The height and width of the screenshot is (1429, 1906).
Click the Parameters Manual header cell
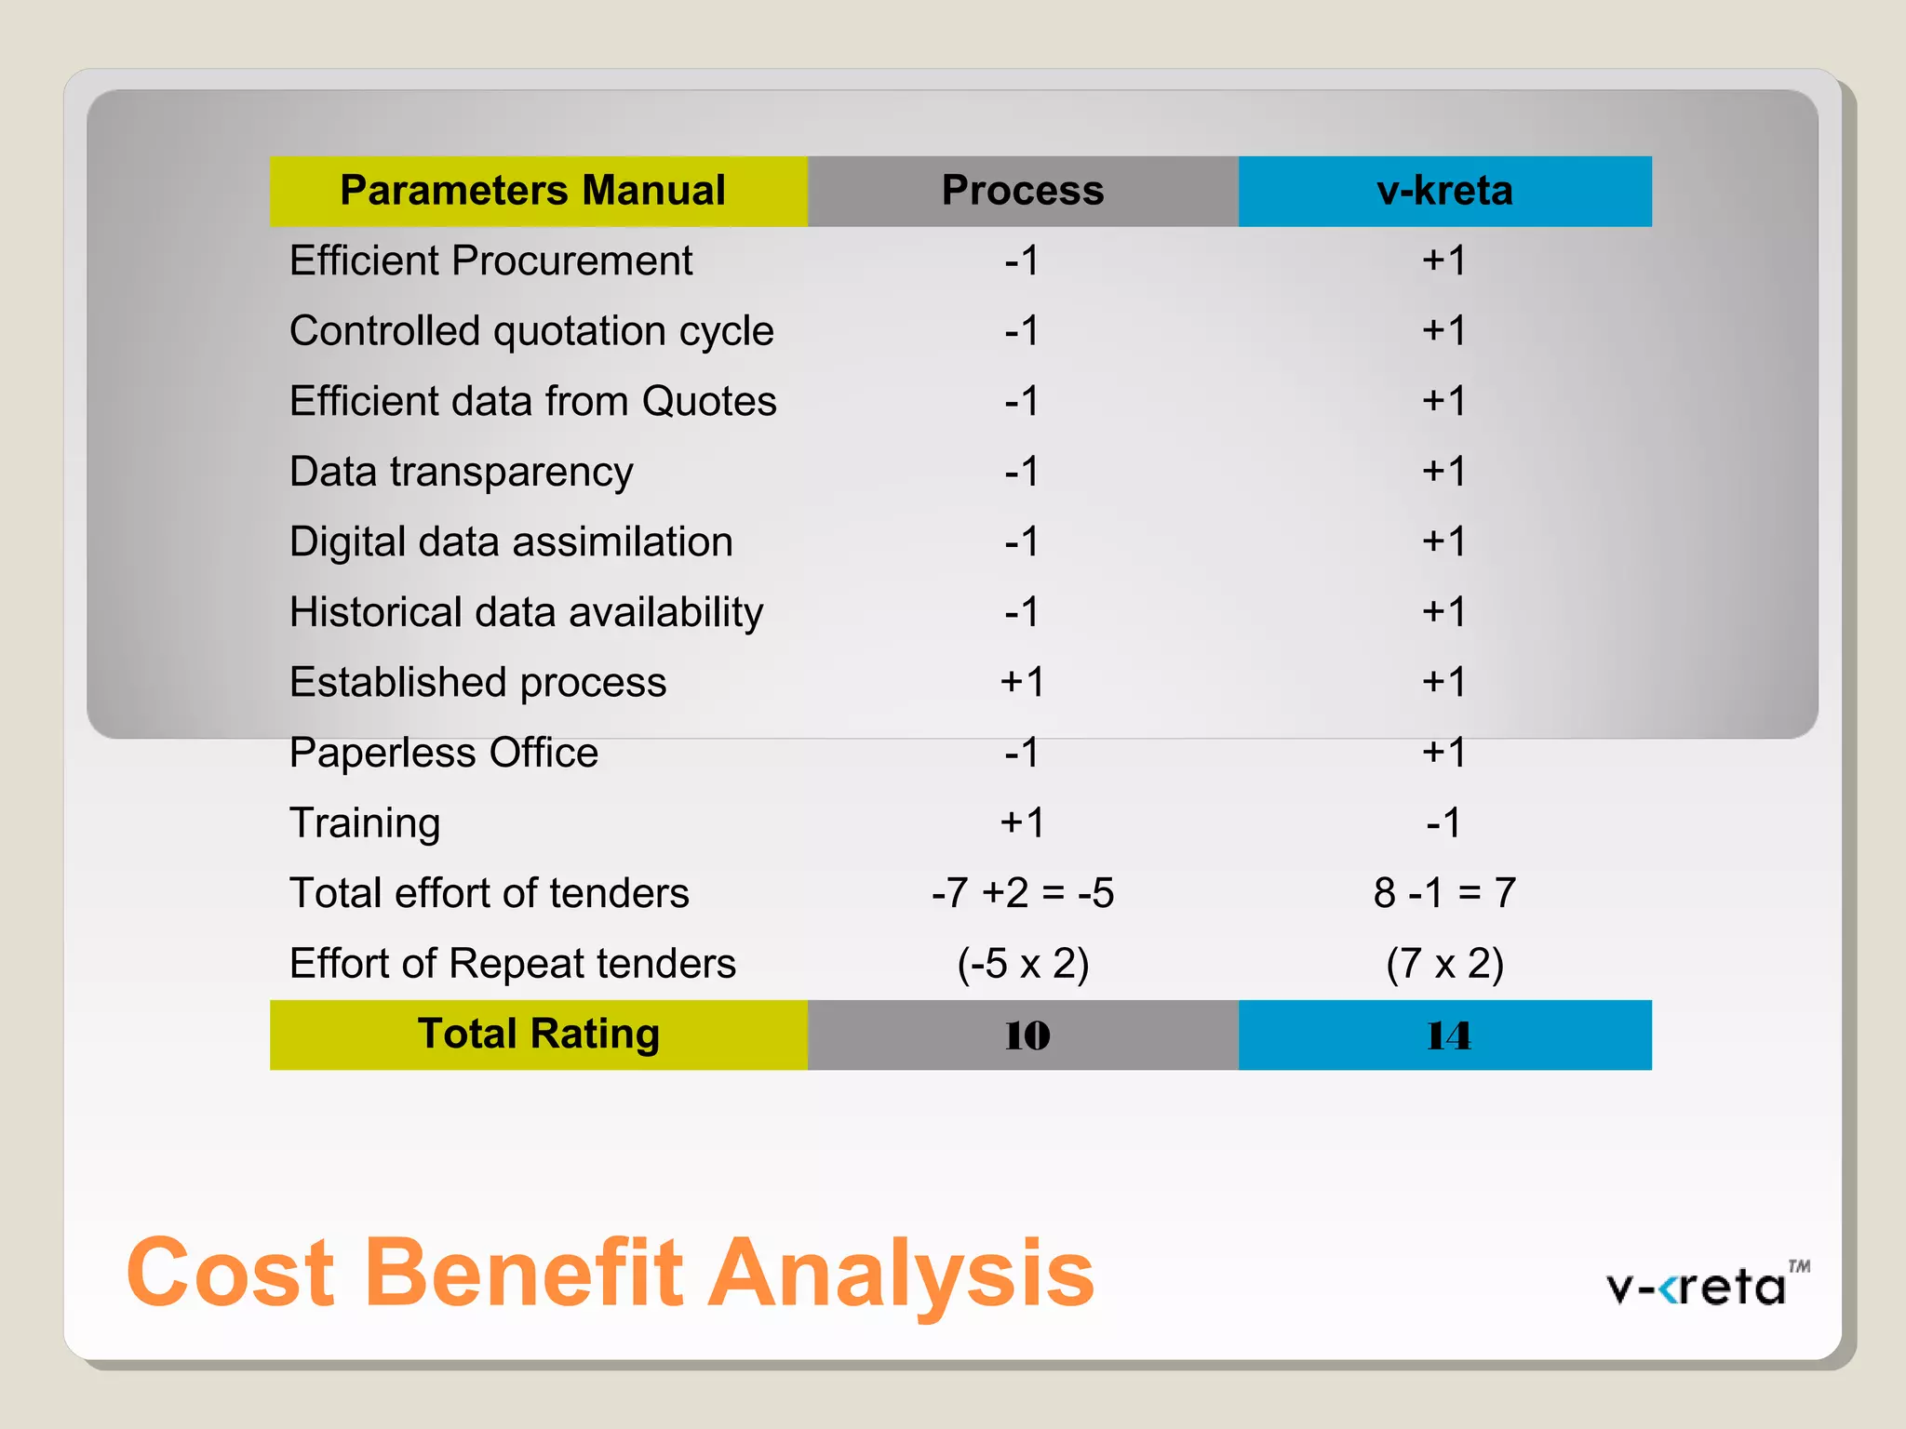click(538, 191)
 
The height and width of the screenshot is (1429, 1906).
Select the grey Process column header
click(1022, 191)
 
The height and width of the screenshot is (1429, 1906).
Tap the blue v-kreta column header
click(1444, 191)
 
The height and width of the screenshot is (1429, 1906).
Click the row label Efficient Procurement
click(490, 260)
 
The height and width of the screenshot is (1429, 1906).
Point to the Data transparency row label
click(461, 472)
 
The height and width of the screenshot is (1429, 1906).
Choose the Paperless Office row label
click(443, 753)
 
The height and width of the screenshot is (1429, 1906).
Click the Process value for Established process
click(1022, 682)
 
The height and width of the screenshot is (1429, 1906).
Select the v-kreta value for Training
click(1444, 822)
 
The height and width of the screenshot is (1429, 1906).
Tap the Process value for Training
click(1022, 822)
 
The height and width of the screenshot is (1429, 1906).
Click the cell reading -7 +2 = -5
click(1022, 893)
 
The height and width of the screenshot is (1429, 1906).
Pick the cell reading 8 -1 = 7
click(1444, 893)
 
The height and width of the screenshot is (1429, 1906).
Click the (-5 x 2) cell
click(1022, 964)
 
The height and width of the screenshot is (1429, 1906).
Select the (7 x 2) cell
click(1444, 964)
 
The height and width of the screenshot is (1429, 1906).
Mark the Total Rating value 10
click(1027, 1035)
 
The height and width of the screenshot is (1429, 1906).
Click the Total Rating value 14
click(1447, 1035)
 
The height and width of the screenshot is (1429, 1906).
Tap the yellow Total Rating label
click(538, 1035)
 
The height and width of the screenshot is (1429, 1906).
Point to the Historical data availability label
click(526, 612)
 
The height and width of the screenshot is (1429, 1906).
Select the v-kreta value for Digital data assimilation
click(1444, 541)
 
